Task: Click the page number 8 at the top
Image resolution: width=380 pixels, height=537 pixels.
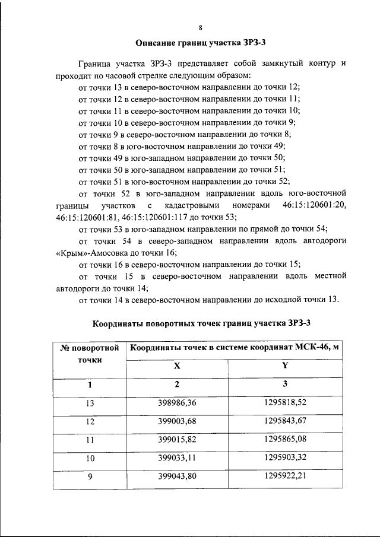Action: pyautogui.click(x=201, y=27)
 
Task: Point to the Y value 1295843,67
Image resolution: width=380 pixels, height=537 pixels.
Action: pyautogui.click(x=284, y=421)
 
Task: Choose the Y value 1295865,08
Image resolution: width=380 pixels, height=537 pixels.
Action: pyautogui.click(x=284, y=440)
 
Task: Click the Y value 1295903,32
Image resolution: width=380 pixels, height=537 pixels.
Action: pyautogui.click(x=284, y=458)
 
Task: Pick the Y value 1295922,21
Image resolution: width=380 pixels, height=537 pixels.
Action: pyautogui.click(x=284, y=476)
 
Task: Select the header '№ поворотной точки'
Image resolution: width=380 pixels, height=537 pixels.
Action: pyautogui.click(x=90, y=354)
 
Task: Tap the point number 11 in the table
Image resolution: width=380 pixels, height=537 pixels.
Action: pyautogui.click(x=90, y=440)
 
